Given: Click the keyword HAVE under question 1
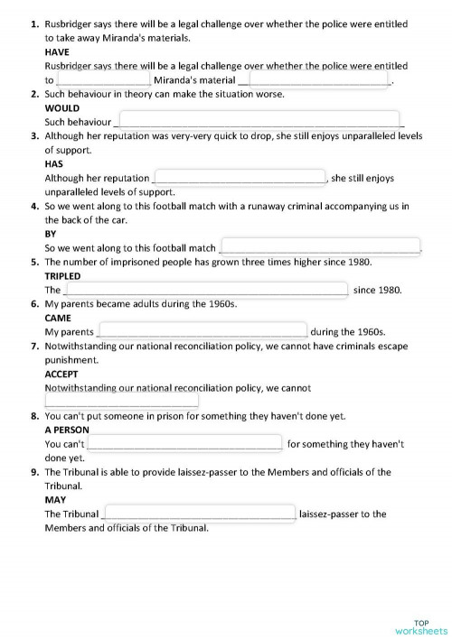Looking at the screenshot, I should point(57,52).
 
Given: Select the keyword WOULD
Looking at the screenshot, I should point(62,107).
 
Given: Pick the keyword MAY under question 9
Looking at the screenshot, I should point(56,499).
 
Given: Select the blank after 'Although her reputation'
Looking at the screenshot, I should point(240,177).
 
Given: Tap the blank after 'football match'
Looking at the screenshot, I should point(320,246).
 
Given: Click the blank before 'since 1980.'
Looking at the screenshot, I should point(205,290).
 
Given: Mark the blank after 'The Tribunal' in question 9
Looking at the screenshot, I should point(200,514).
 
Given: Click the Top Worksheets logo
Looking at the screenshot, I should point(421,626).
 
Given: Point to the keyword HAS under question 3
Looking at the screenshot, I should point(53,164).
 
